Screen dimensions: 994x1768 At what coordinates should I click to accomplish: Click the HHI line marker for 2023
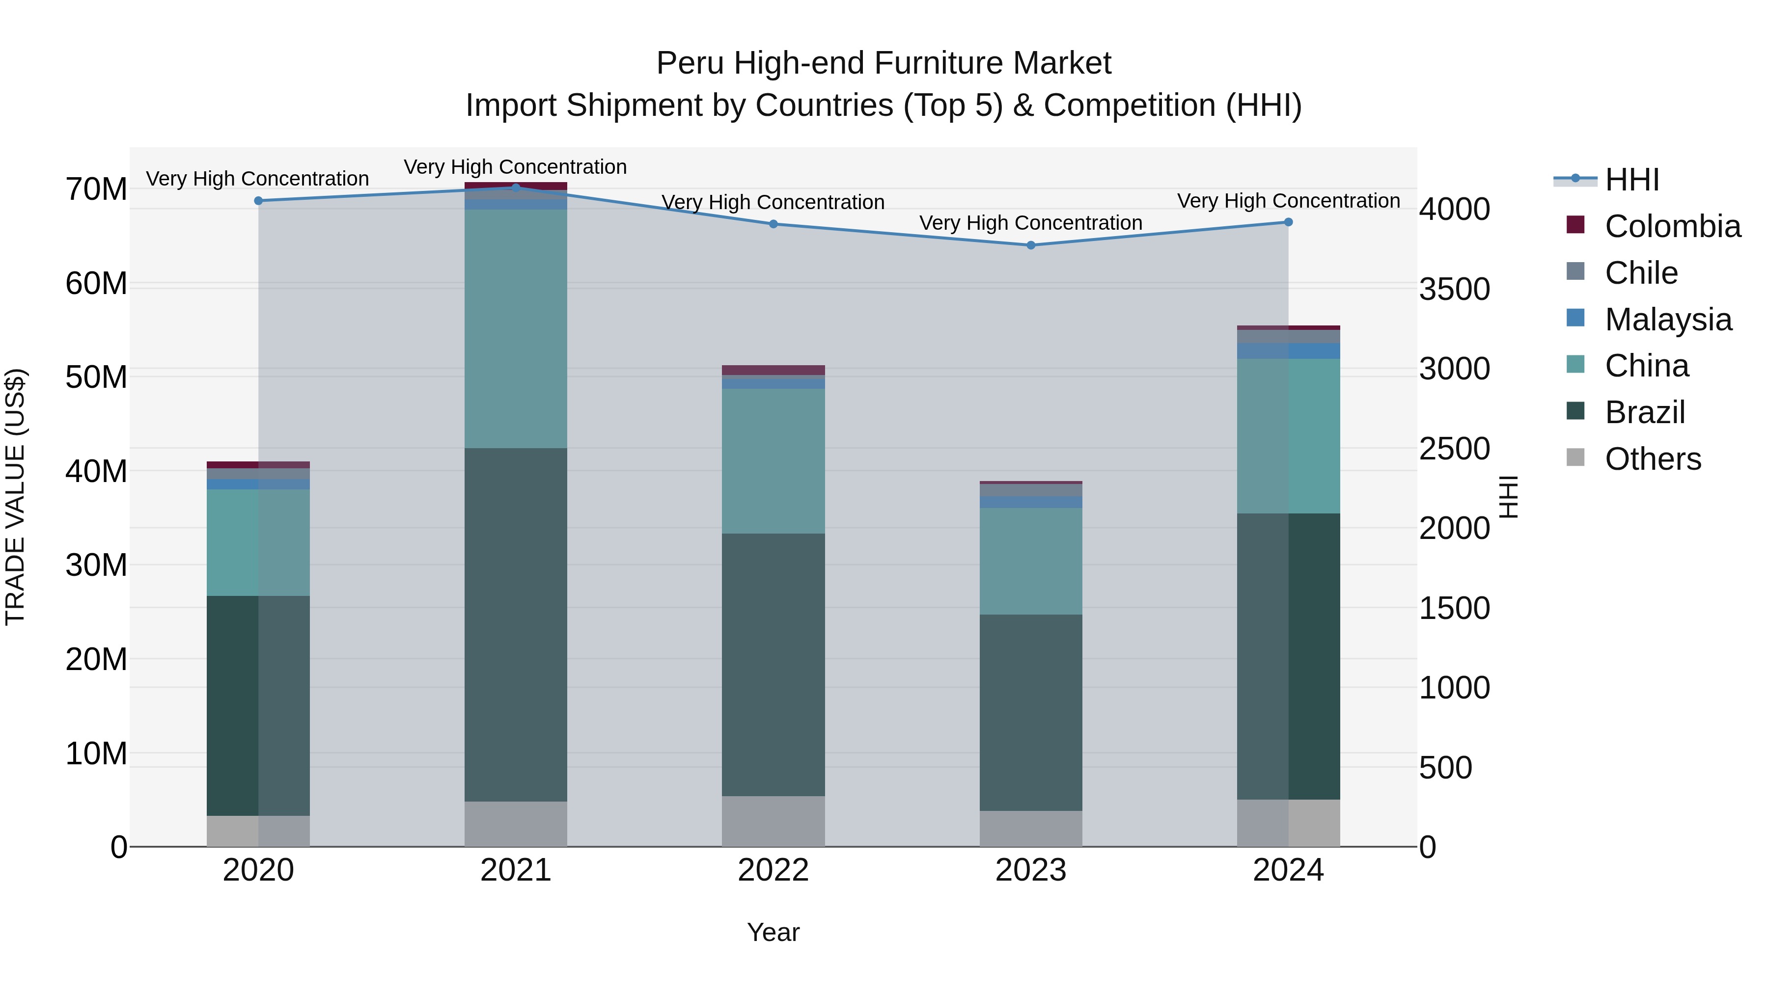click(x=1030, y=245)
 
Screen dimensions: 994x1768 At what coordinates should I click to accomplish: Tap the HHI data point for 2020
click(x=258, y=201)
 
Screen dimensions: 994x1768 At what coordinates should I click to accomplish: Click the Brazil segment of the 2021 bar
click(x=516, y=624)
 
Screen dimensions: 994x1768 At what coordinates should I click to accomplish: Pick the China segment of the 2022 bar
click(x=773, y=461)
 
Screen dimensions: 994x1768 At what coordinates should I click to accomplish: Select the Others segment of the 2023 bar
click(x=1030, y=829)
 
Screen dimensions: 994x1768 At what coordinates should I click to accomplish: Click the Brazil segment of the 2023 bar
click(x=1030, y=712)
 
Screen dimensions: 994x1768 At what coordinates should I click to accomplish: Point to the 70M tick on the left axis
click(x=96, y=189)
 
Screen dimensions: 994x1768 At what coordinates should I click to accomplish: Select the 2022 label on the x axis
click(x=773, y=870)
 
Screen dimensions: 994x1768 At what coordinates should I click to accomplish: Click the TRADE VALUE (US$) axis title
click(x=16, y=497)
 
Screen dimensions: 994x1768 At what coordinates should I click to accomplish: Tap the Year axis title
click(x=773, y=932)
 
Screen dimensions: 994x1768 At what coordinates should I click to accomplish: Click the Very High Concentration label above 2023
click(x=1030, y=223)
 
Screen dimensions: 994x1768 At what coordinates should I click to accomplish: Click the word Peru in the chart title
click(x=690, y=63)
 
